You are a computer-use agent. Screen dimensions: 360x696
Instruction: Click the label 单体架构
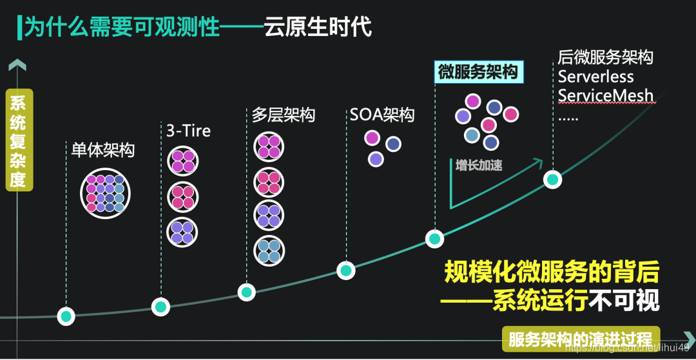pyautogui.click(x=102, y=151)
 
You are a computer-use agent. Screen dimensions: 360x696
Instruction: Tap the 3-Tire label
pyautogui.click(x=188, y=131)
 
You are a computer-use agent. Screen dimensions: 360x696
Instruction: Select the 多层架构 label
pyautogui.click(x=284, y=115)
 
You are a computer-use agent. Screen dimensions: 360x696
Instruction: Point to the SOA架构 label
pyautogui.click(x=382, y=115)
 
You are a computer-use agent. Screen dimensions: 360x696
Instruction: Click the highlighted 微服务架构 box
pyautogui.click(x=478, y=72)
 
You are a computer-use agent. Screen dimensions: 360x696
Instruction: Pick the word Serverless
pyautogui.click(x=595, y=77)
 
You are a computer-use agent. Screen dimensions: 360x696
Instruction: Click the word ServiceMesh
pyautogui.click(x=606, y=96)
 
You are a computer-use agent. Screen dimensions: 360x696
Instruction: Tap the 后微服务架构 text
pyautogui.click(x=606, y=57)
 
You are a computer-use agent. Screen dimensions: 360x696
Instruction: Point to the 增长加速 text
pyautogui.click(x=478, y=166)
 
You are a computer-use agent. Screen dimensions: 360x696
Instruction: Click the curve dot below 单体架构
pyautogui.click(x=66, y=316)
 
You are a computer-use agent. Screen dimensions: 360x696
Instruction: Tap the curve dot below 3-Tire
pyautogui.click(x=160, y=307)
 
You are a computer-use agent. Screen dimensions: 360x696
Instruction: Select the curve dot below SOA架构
pyautogui.click(x=346, y=270)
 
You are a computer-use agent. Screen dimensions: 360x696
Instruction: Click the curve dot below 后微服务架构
pyautogui.click(x=552, y=179)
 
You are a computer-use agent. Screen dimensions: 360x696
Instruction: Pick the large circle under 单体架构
pyautogui.click(x=106, y=193)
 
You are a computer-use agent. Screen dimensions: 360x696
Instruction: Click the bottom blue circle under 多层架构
pyautogui.click(x=268, y=251)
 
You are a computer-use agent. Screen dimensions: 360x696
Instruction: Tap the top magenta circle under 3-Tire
pyautogui.click(x=182, y=161)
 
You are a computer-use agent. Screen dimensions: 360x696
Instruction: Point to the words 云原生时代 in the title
pyautogui.click(x=318, y=28)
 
